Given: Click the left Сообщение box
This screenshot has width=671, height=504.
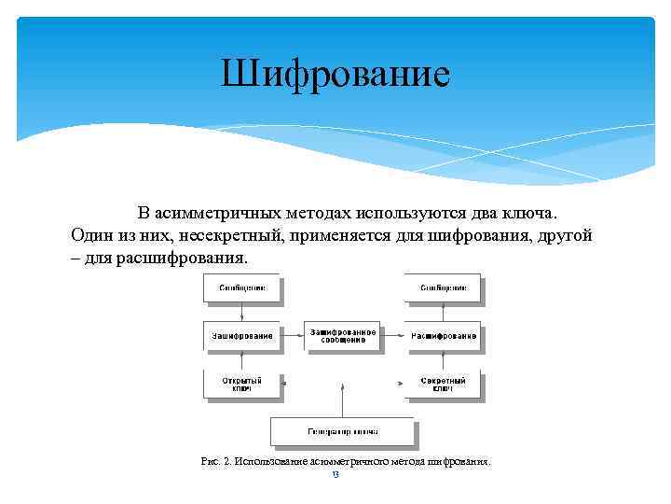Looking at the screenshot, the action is click(241, 288).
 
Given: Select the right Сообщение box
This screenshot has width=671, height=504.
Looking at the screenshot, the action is click(442, 288).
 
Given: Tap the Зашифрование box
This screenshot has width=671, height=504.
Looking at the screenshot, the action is click(241, 336).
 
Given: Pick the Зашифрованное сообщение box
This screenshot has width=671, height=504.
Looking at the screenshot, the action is click(342, 336).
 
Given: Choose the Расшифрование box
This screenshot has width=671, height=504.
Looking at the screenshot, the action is click(442, 336).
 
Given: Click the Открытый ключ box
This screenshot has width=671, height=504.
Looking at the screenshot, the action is click(241, 385).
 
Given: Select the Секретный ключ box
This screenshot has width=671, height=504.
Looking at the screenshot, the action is click(442, 385).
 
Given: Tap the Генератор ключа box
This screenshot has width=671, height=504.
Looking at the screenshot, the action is click(341, 432).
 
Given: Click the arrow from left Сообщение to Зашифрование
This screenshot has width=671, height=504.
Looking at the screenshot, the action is click(241, 313).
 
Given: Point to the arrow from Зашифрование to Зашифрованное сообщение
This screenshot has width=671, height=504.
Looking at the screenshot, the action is click(292, 336).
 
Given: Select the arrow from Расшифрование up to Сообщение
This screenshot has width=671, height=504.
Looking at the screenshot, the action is click(442, 313).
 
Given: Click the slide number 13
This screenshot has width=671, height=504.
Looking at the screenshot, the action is click(335, 475).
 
